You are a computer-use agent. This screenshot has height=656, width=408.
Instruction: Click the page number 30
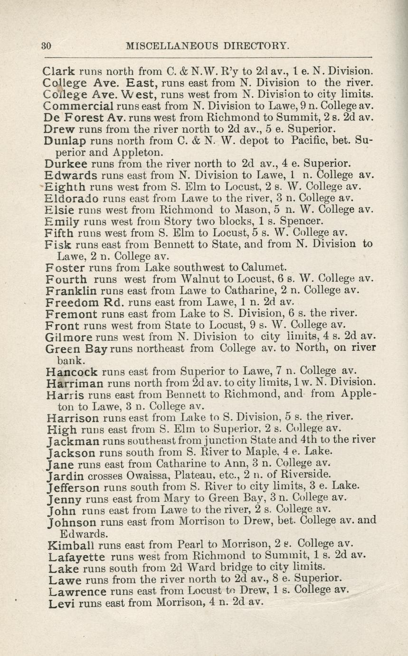(x=46, y=46)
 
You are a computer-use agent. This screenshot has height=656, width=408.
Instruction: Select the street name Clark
(x=58, y=72)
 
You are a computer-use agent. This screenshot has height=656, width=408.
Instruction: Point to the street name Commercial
(x=78, y=106)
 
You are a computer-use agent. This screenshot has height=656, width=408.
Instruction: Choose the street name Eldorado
(x=65, y=198)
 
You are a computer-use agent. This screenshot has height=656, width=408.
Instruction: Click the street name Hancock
(x=72, y=372)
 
